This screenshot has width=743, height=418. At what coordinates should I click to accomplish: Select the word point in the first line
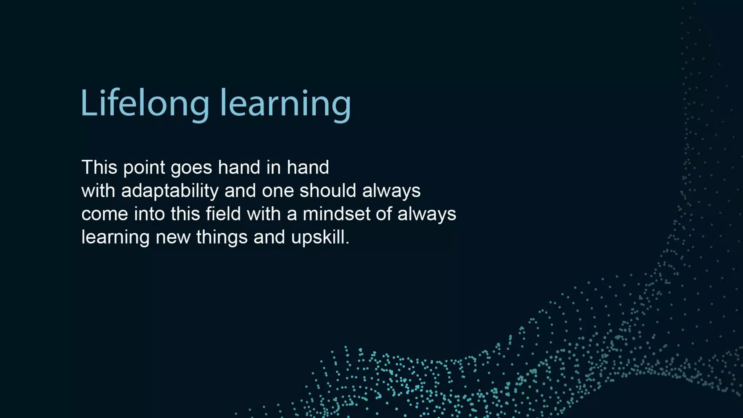[x=144, y=168]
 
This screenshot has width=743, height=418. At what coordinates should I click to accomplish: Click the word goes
[x=191, y=168]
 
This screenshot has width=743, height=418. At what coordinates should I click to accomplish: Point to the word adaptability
[x=170, y=191]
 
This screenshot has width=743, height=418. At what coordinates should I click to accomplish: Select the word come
[x=104, y=214]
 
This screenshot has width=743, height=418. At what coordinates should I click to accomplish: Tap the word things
[x=222, y=238]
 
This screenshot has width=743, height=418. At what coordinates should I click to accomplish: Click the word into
[x=149, y=214]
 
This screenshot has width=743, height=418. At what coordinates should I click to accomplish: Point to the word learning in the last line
[x=115, y=238]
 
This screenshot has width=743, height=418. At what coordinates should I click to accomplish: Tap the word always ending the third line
[x=427, y=214]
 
